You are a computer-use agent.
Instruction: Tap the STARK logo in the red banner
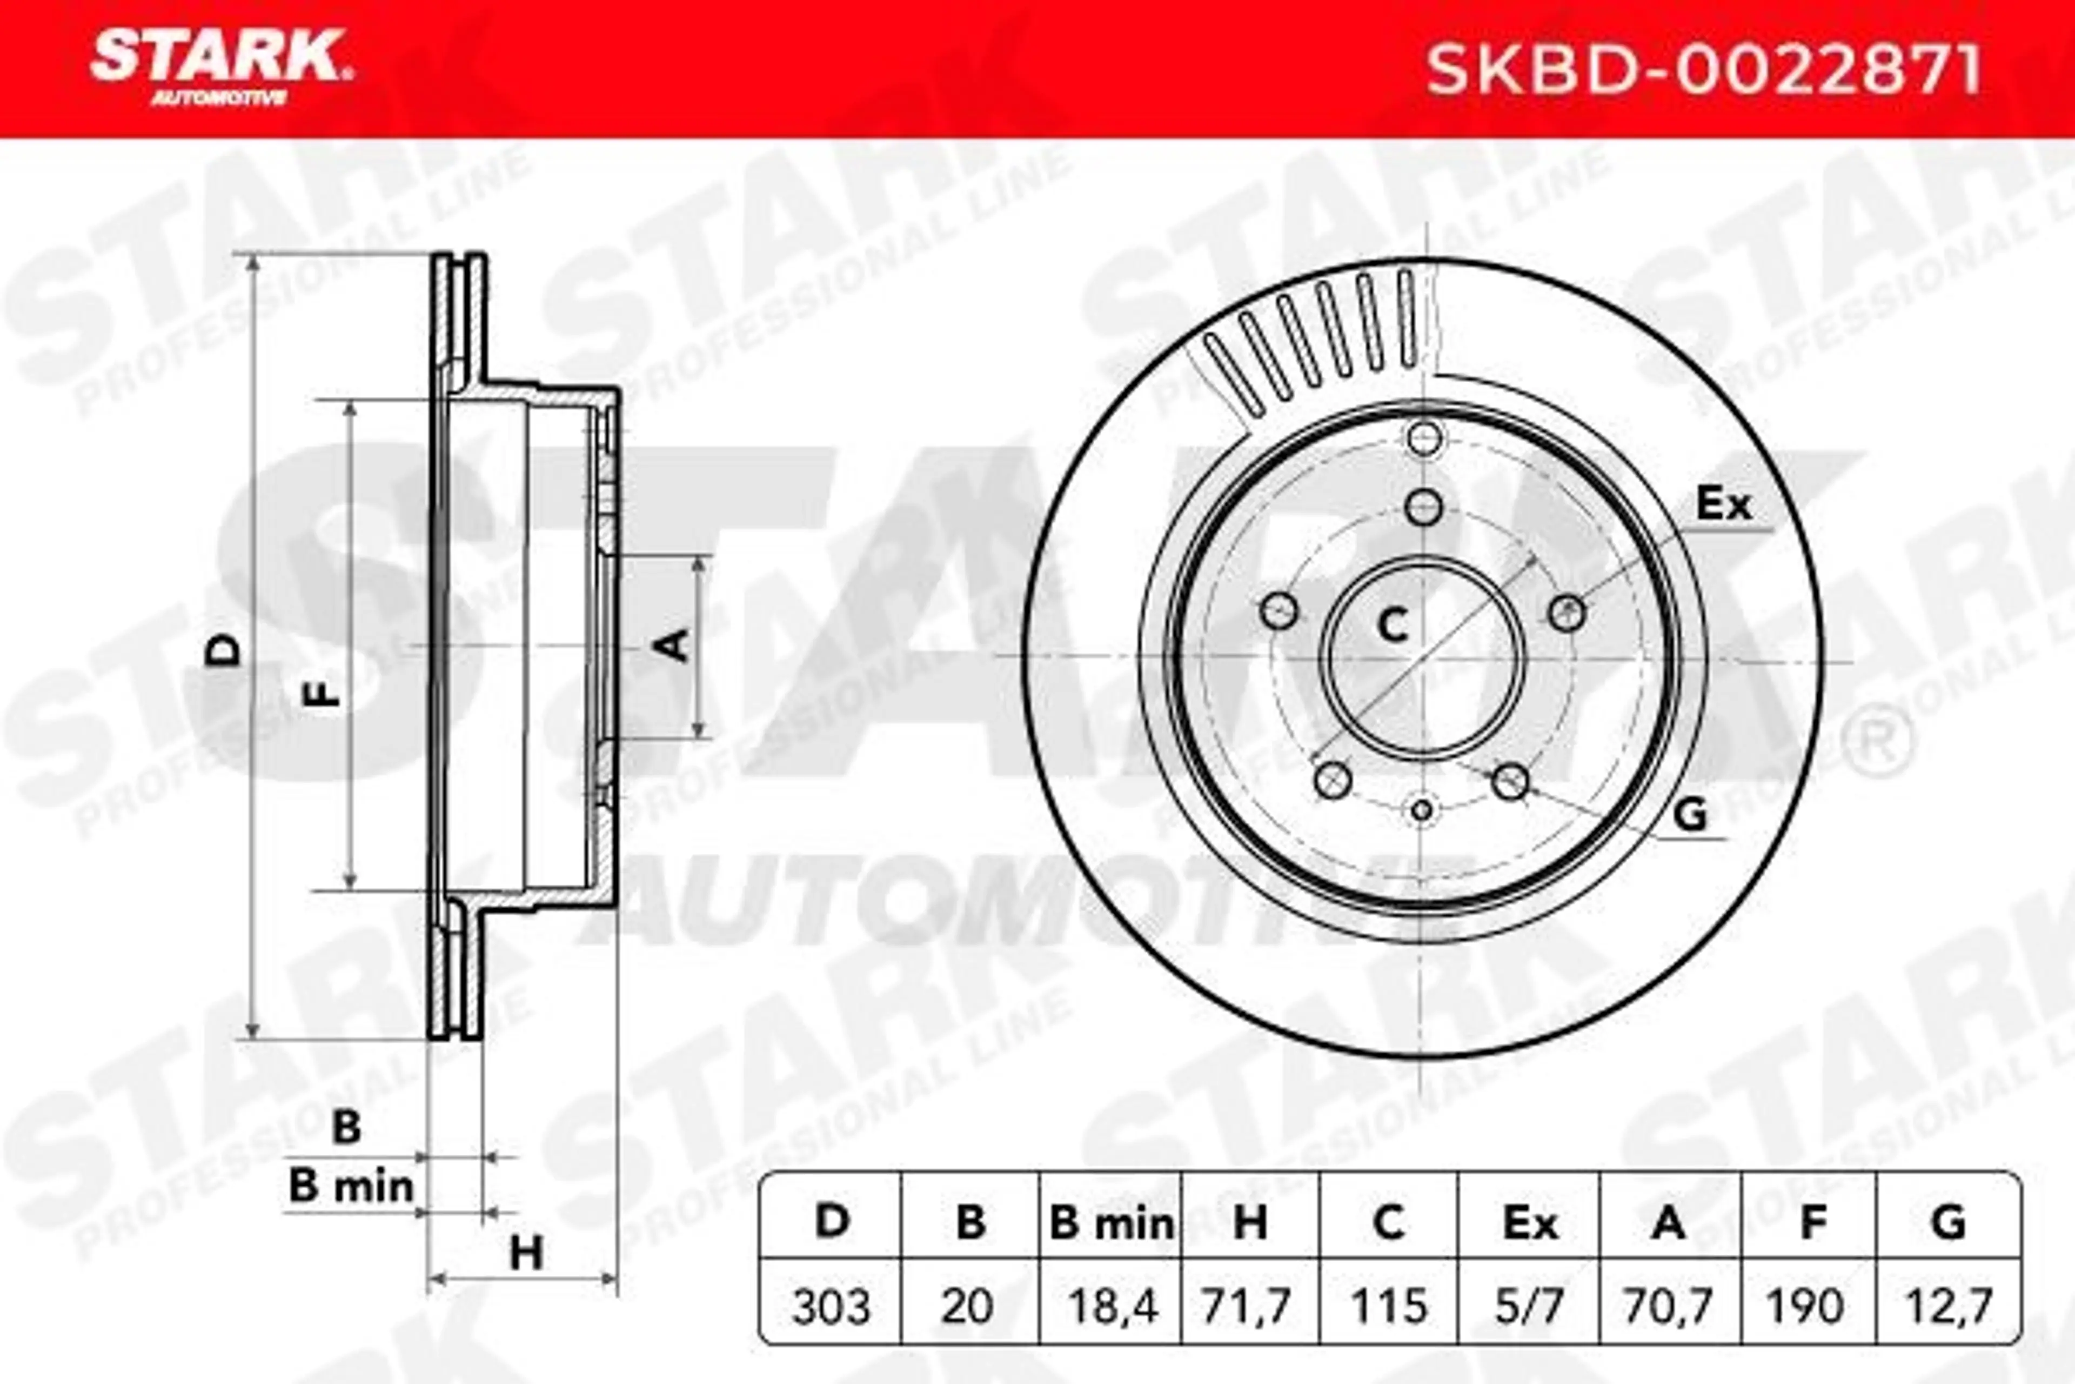click(220, 66)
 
